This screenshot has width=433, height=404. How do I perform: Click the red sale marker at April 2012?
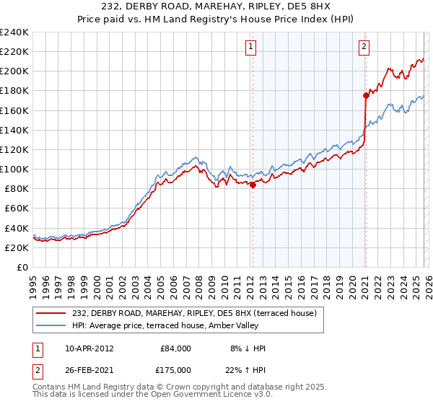coord(253,185)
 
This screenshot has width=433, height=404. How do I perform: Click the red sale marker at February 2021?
coord(366,95)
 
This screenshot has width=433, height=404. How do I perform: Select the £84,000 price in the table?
coord(175,348)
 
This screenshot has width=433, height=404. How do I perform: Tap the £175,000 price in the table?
coord(175,369)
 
